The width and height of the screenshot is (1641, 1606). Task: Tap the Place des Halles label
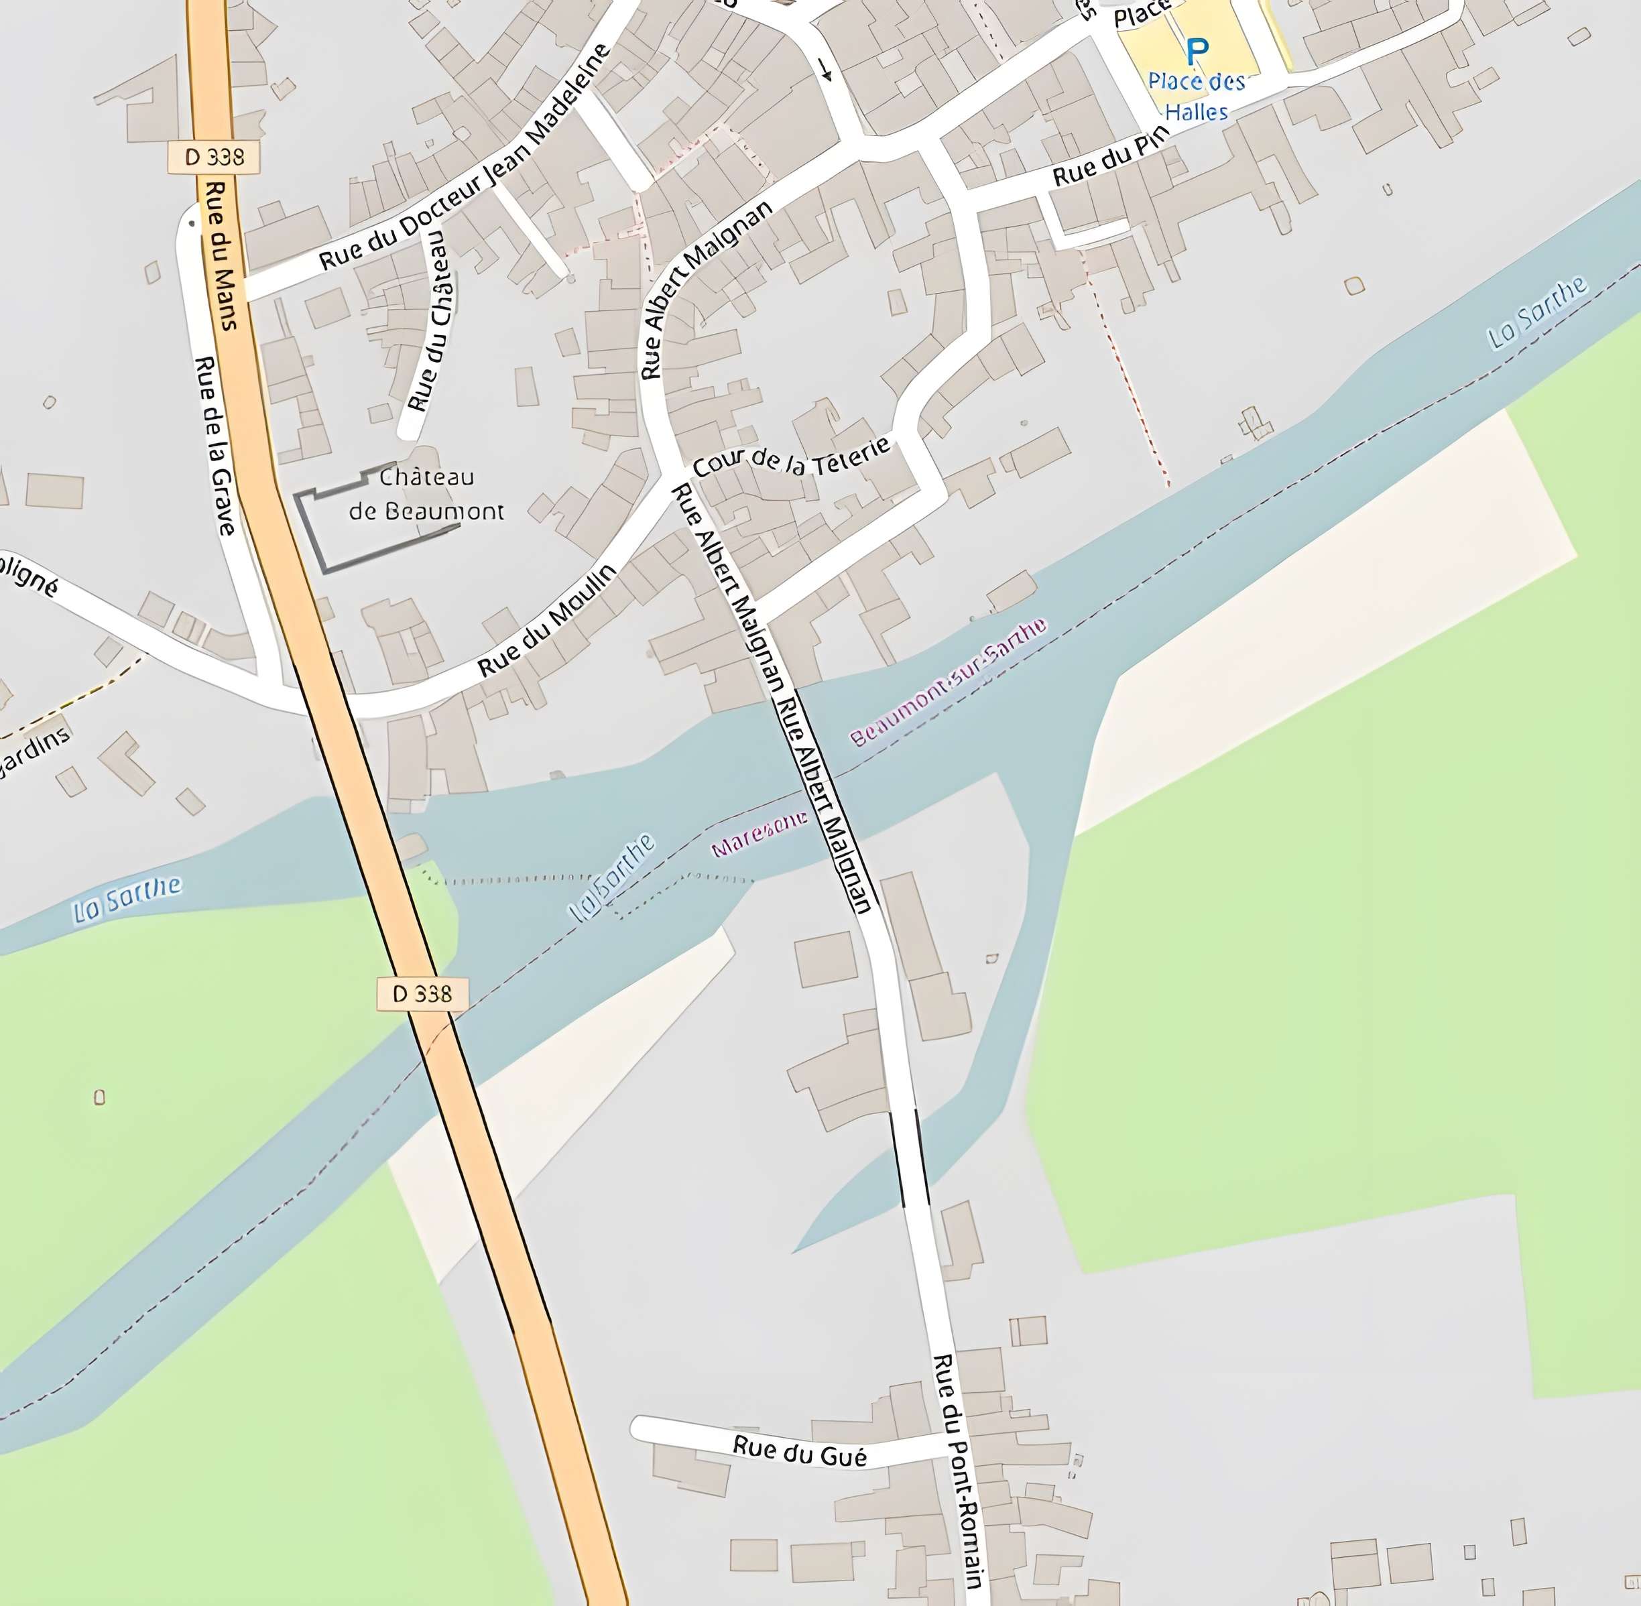point(1197,96)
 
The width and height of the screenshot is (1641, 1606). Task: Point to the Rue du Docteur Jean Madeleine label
point(464,159)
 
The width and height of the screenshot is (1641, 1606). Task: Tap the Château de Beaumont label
point(426,494)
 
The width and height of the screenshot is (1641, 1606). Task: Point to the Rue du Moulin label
point(547,619)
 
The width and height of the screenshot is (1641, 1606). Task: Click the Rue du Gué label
point(799,1450)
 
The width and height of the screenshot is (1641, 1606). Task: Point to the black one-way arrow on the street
point(825,70)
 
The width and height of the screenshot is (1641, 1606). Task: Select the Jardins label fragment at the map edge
point(34,753)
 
